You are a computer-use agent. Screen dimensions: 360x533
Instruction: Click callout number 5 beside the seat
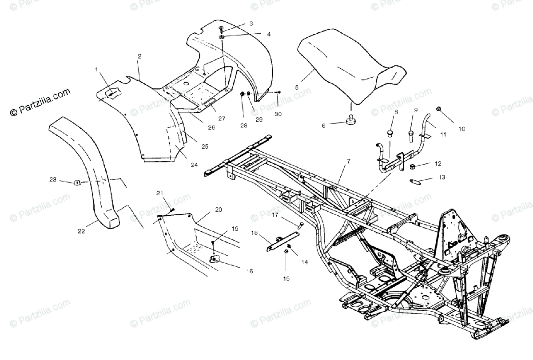point(297,87)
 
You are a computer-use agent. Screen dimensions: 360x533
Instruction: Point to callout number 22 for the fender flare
point(81,231)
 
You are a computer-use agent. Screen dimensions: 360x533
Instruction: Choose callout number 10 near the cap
point(461,129)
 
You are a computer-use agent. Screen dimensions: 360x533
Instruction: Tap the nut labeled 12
point(412,167)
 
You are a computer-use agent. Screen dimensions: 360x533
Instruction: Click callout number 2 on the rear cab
point(139,56)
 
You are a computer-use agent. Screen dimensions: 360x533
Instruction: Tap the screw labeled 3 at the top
point(222,29)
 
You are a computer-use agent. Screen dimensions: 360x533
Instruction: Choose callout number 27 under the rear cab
point(222,119)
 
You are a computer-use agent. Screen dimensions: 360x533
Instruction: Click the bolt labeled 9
point(411,133)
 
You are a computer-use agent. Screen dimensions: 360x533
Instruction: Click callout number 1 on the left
point(96,69)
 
